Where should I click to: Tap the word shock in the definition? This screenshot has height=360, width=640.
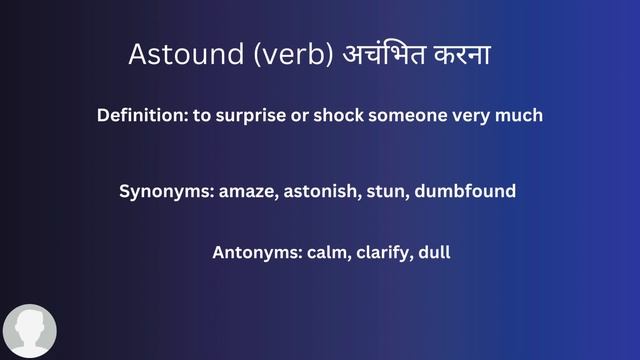(339, 116)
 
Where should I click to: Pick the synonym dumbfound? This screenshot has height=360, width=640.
(460, 191)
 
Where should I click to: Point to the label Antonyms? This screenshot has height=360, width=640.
(254, 253)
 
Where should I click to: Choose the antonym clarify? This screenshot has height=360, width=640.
(381, 253)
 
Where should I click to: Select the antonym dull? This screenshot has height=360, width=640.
(434, 253)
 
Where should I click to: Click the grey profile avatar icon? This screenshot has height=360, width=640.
(30, 330)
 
